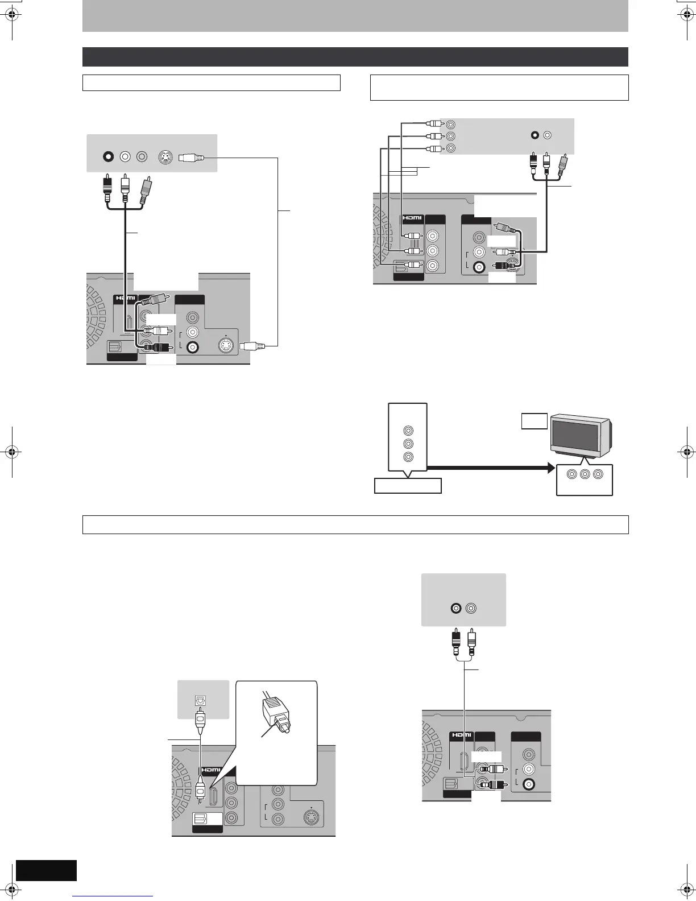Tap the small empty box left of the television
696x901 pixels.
coord(535,421)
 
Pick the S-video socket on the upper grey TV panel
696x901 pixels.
coord(164,158)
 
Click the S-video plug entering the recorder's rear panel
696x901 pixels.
coord(250,345)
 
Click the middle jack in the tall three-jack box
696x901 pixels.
coord(407,444)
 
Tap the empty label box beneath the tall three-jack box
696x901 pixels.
coord(408,486)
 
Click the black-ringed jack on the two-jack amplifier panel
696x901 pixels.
coord(455,608)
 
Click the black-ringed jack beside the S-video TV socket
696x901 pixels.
coord(107,156)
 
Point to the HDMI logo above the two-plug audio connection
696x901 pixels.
coord(461,735)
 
